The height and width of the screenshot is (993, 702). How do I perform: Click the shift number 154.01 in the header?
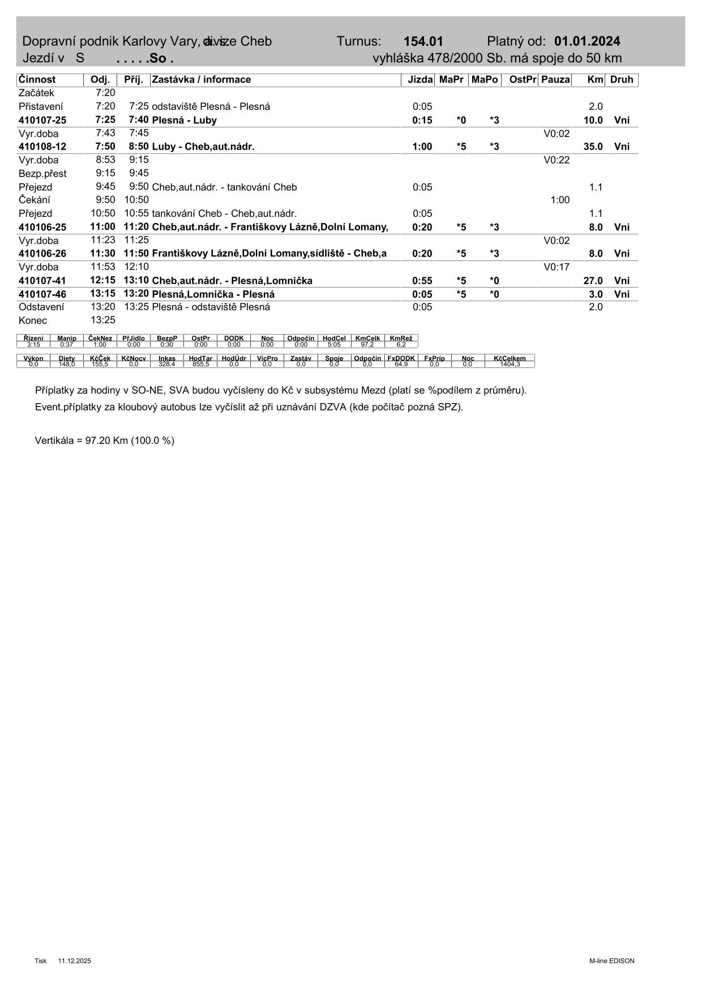[423, 41]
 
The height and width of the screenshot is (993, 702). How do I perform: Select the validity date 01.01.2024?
[587, 41]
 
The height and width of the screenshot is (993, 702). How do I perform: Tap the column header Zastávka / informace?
[202, 80]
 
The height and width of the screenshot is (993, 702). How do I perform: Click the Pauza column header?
[555, 80]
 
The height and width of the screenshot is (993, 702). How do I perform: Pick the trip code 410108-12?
[42, 147]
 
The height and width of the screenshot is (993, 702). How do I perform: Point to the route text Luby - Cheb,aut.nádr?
[203, 147]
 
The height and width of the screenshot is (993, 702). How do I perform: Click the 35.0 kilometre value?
[593, 147]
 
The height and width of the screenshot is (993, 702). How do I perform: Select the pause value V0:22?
[557, 160]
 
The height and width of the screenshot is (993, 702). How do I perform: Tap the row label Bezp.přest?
[42, 174]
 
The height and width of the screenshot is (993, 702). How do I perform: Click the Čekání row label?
[35, 200]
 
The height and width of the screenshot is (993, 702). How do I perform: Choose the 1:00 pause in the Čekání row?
[560, 200]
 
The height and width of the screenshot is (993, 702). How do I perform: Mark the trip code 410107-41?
[42, 281]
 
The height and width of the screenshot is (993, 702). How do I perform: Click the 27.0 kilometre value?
[593, 281]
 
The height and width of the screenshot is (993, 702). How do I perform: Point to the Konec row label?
[33, 320]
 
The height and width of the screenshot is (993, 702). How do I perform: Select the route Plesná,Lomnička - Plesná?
[213, 294]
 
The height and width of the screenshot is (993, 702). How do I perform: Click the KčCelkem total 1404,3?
[510, 364]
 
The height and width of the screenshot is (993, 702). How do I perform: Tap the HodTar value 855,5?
[200, 364]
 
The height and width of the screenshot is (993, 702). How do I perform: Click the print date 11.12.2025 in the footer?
[74, 961]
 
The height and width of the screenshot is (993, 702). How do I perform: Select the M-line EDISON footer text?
[611, 961]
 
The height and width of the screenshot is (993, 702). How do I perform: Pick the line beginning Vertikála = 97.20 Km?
[105, 440]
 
